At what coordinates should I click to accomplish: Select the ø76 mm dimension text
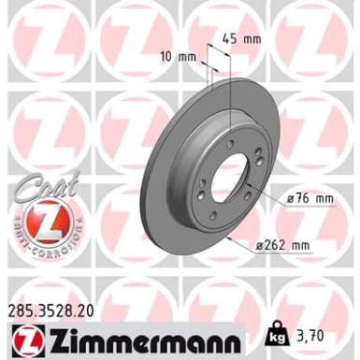310,197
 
